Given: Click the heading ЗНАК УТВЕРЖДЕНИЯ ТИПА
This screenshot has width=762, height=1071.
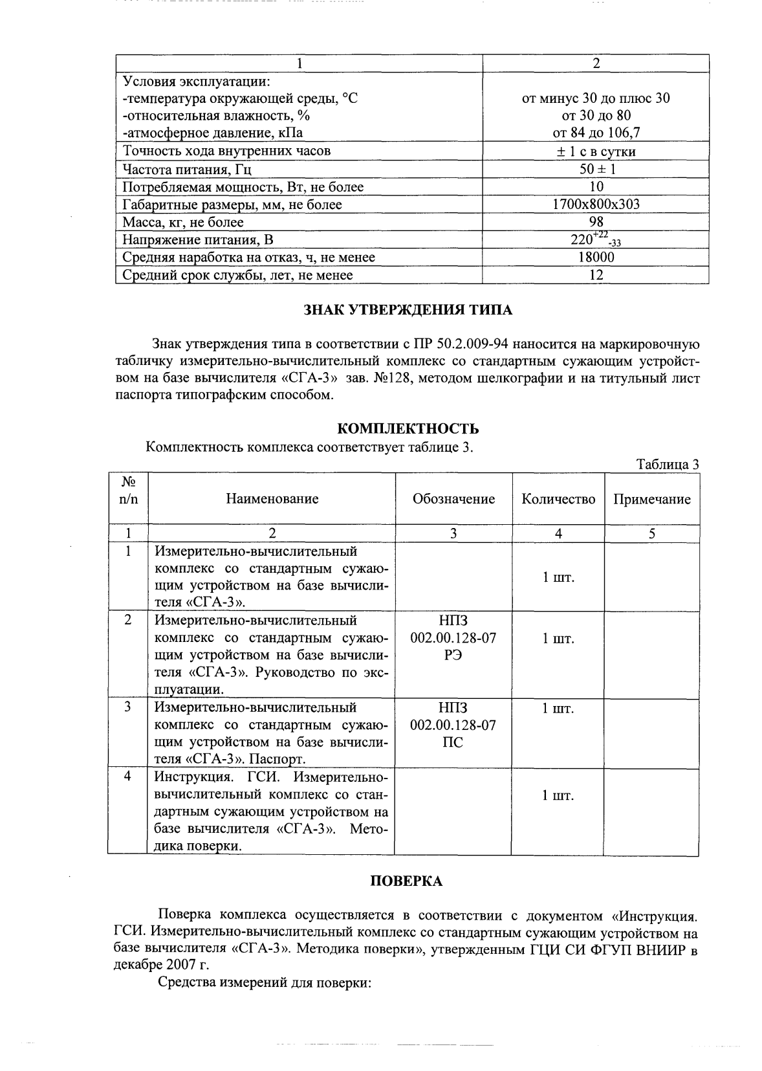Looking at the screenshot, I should (x=408, y=310).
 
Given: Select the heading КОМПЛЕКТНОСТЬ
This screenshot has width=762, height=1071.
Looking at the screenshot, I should (x=408, y=429).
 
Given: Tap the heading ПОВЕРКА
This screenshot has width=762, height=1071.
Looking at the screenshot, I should (x=406, y=881).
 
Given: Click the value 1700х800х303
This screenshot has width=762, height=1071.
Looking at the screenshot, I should (x=596, y=204).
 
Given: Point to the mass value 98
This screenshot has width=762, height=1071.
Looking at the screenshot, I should (x=596, y=222).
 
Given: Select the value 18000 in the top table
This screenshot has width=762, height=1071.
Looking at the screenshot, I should (x=596, y=257).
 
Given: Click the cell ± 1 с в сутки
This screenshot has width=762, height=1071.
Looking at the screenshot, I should (x=596, y=151).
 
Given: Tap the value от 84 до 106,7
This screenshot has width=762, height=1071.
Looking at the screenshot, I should (x=596, y=133).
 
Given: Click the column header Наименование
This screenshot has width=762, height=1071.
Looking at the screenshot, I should (x=272, y=499).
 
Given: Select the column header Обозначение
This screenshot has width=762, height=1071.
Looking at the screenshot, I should (x=453, y=499).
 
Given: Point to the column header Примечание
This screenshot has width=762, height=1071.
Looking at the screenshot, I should (x=651, y=499).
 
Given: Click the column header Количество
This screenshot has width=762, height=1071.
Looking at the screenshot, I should (x=558, y=499).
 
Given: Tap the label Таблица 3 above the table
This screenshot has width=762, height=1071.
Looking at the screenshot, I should (x=668, y=464).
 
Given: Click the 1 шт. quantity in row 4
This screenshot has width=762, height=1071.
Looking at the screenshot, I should (x=558, y=796).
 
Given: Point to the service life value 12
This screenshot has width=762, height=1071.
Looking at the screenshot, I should (x=596, y=275).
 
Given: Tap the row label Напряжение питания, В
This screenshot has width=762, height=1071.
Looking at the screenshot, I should (x=198, y=240).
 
